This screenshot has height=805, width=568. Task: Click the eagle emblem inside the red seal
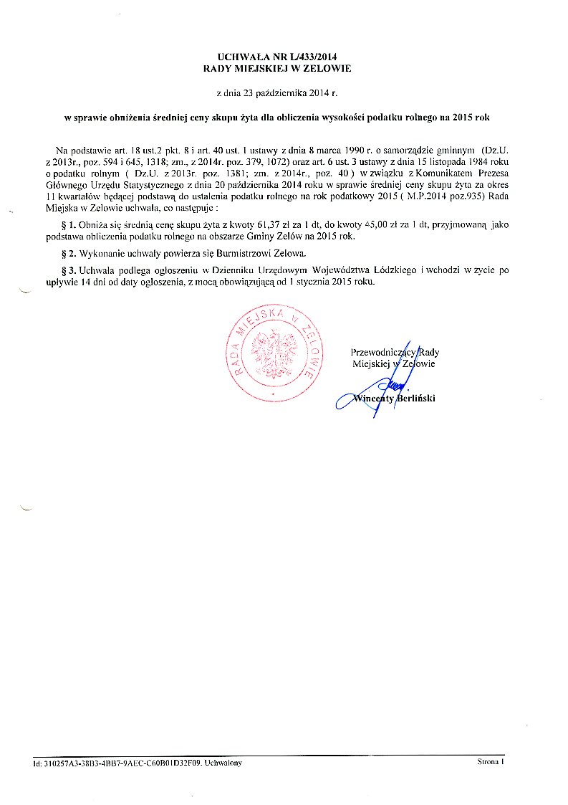[x=273, y=351]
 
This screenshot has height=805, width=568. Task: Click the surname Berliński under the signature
[x=412, y=399]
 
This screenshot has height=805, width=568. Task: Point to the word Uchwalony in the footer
[x=223, y=763]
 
